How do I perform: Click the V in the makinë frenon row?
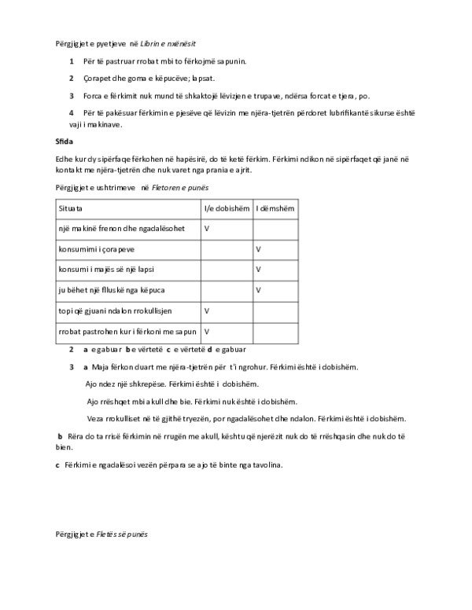[207, 228]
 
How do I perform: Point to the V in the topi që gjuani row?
[207, 311]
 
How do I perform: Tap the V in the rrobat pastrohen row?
[207, 332]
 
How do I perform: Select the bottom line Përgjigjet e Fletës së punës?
[101, 534]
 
